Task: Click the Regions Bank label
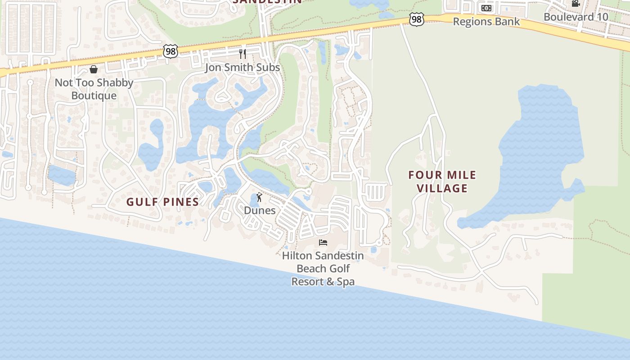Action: [x=486, y=22]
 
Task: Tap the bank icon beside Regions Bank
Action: [x=486, y=8]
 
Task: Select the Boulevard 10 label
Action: [x=576, y=17]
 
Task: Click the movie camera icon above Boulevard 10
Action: [x=576, y=4]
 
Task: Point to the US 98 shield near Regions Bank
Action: [x=417, y=19]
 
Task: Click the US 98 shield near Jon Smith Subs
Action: [x=171, y=51]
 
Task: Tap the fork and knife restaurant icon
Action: [x=243, y=54]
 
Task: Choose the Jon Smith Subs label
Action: [x=243, y=67]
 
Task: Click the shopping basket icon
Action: [x=94, y=69]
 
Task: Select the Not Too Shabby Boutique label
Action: [x=94, y=89]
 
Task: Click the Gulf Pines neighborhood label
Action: [x=162, y=202]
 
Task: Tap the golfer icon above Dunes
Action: [x=259, y=197]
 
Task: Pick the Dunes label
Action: [x=260, y=210]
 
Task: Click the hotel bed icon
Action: [x=323, y=243]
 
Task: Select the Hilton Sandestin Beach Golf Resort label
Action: [x=323, y=269]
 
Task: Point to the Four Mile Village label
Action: [x=442, y=181]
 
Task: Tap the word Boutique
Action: [x=94, y=96]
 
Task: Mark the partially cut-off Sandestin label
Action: [x=267, y=2]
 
